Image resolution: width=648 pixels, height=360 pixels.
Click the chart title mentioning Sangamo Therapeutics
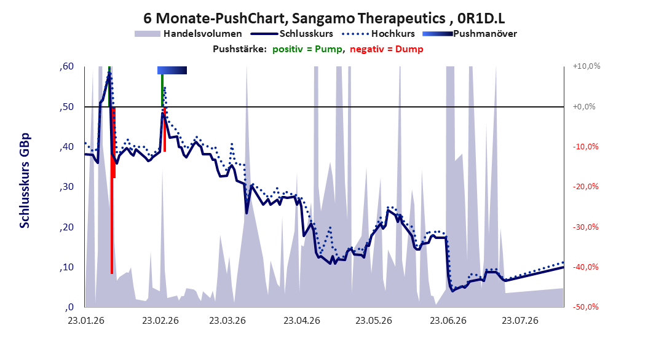(324, 18)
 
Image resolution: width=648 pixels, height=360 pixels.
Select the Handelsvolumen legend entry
(188, 34)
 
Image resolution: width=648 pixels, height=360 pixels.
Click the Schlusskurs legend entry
(292, 34)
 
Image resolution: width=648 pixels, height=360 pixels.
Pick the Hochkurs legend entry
(378, 34)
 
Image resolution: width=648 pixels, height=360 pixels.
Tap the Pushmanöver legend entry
(470, 34)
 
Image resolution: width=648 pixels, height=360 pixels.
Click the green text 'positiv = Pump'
(307, 49)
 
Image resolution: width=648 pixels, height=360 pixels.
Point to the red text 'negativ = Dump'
(387, 49)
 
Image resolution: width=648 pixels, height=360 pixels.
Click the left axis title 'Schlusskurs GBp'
(25, 181)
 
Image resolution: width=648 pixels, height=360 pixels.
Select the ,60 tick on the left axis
(66, 66)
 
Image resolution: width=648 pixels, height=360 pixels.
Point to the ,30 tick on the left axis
(66, 187)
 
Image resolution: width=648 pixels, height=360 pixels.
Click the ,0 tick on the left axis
(69, 307)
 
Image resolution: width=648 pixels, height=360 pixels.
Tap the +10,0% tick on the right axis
(587, 66)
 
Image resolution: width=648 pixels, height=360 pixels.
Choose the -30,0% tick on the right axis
(585, 227)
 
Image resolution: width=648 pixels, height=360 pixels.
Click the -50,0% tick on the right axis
(585, 307)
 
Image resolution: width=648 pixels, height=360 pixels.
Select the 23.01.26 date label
(86, 321)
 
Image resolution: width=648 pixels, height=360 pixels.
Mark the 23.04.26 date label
(302, 321)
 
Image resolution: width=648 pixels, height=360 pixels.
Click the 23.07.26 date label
(520, 321)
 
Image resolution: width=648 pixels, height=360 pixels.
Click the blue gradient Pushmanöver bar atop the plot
(172, 71)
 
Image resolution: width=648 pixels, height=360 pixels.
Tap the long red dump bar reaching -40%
(111, 190)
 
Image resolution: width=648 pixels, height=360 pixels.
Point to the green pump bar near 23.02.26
(162, 90)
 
